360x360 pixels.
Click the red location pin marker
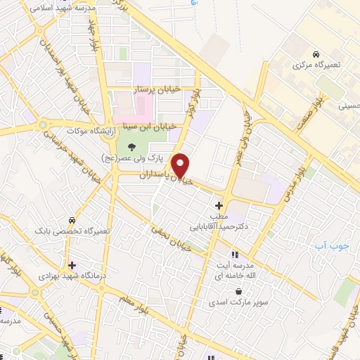coord(181,165)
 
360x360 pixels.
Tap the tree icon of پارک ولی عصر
coord(131,146)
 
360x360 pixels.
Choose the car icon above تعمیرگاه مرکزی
coord(316,54)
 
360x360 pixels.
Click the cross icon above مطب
coord(218,205)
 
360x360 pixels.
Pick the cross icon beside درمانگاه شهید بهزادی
coord(72,265)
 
